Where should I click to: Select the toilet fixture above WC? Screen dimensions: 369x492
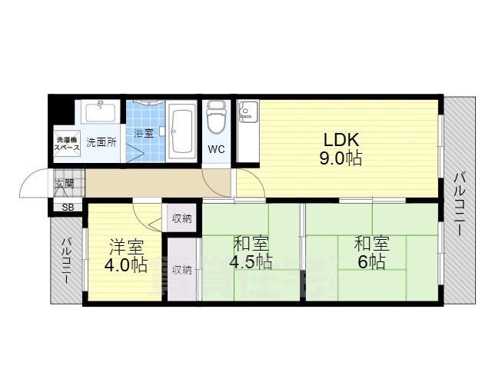(216, 116)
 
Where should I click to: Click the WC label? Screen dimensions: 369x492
(216, 149)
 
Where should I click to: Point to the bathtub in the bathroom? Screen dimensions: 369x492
(182, 131)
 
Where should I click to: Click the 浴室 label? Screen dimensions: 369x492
(144, 132)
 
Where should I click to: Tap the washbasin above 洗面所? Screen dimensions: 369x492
(99, 114)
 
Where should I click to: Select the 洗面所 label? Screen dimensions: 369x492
(100, 142)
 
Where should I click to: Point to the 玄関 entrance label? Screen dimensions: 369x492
(64, 184)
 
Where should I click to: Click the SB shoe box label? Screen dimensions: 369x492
(68, 208)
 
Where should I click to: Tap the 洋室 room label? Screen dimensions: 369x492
(125, 248)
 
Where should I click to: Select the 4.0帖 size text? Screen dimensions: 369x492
(125, 266)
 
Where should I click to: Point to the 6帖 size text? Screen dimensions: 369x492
(371, 262)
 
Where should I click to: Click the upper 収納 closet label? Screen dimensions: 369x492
(182, 218)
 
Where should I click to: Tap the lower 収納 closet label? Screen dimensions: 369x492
(182, 270)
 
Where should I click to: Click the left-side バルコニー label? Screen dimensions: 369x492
(66, 261)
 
